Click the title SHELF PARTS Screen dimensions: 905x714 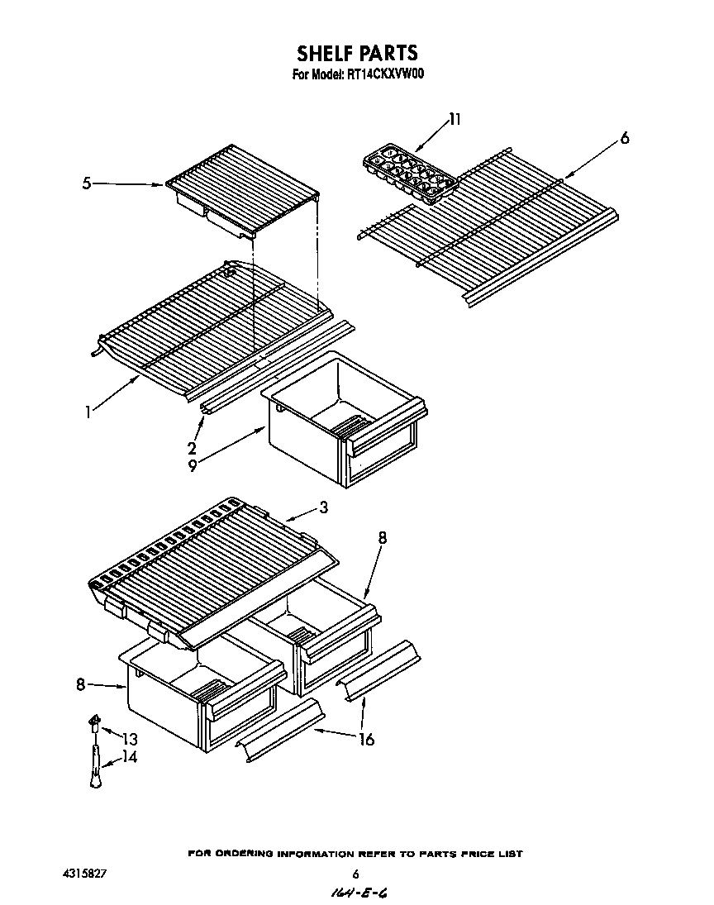click(x=357, y=54)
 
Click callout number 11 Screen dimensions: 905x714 click(x=454, y=120)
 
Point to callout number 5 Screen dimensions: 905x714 click(x=87, y=184)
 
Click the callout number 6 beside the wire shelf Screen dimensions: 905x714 click(x=624, y=139)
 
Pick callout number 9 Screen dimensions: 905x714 click(x=192, y=466)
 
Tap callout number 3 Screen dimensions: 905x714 click(x=323, y=508)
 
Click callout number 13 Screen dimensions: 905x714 click(x=130, y=738)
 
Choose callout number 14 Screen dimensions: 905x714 click(x=130, y=756)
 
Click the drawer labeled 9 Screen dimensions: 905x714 click(x=343, y=417)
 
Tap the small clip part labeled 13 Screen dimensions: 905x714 click(x=94, y=725)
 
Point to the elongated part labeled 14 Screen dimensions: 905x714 click(x=96, y=765)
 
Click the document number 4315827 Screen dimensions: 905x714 click(x=84, y=873)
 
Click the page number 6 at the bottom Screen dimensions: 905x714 click(x=355, y=874)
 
